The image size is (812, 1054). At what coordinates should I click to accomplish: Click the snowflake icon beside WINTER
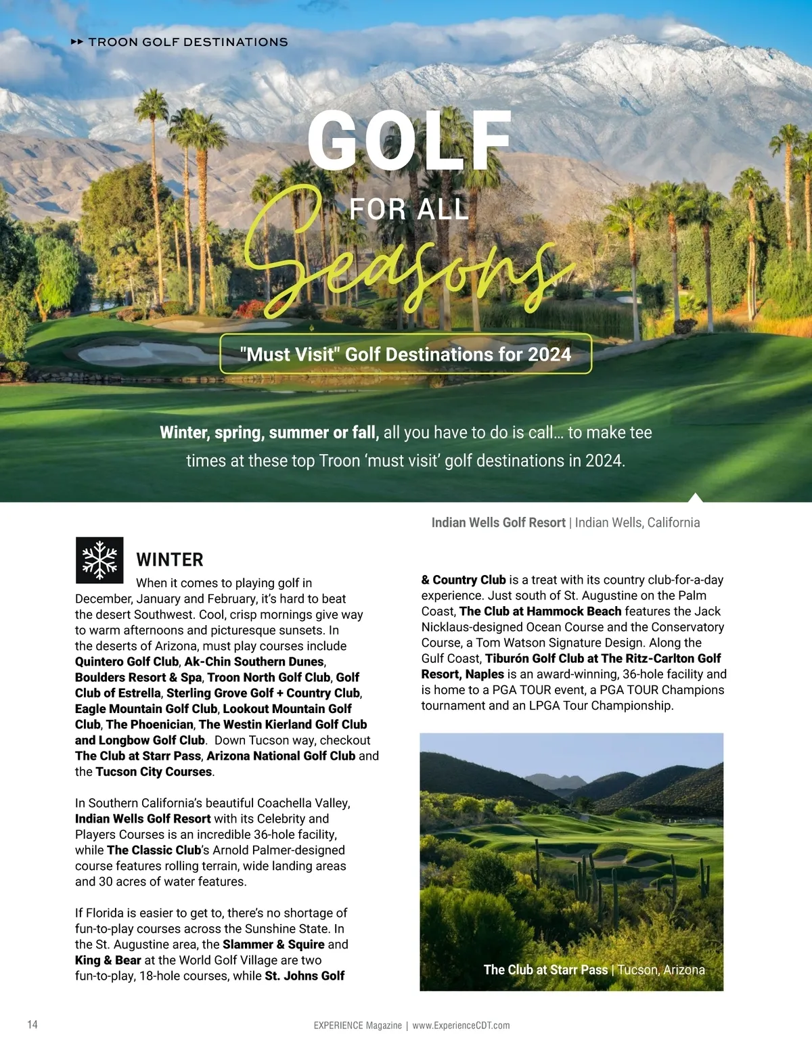pyautogui.click(x=99, y=560)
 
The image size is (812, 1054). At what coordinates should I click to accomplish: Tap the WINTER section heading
pyautogui.click(x=170, y=560)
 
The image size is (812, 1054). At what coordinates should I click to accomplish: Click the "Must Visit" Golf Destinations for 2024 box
pyautogui.click(x=405, y=354)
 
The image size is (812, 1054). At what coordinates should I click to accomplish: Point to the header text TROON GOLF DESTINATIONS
pyautogui.click(x=188, y=42)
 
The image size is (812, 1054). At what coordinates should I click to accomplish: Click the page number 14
pyautogui.click(x=32, y=1024)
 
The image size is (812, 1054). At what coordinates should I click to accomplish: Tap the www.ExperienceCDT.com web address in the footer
pyautogui.click(x=461, y=1026)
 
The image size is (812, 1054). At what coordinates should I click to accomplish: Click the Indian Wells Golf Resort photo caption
pyautogui.click(x=566, y=523)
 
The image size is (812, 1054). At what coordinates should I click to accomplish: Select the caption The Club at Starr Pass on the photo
pyautogui.click(x=545, y=970)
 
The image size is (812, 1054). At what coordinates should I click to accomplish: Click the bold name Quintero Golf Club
pyautogui.click(x=127, y=662)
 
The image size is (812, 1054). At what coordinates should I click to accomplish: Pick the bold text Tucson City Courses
pyautogui.click(x=154, y=772)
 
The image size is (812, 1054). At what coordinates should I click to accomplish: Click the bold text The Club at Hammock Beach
pyautogui.click(x=540, y=612)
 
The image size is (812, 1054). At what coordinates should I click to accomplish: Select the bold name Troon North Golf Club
pyautogui.click(x=269, y=677)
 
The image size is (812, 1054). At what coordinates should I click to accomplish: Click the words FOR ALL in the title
pyautogui.click(x=409, y=210)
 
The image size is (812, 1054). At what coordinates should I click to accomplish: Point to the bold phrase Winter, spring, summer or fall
pyautogui.click(x=269, y=433)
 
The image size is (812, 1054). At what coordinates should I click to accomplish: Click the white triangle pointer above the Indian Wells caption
pyautogui.click(x=695, y=498)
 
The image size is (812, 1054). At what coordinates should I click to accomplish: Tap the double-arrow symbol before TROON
pyautogui.click(x=77, y=42)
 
